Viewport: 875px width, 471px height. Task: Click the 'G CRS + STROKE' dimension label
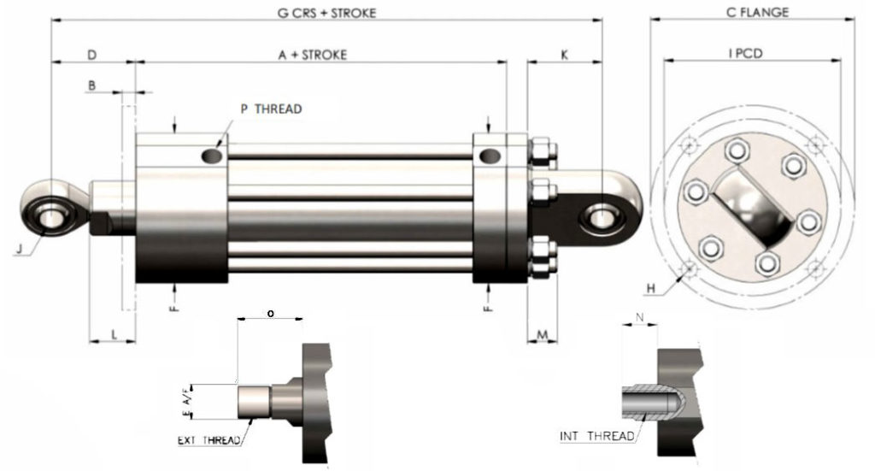coord(326,13)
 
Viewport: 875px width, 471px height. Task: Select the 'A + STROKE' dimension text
coord(313,55)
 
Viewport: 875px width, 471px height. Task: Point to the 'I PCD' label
coord(745,53)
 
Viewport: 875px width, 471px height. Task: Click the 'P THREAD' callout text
coord(271,109)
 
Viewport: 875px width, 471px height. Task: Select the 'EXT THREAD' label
coord(208,441)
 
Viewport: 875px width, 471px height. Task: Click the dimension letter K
coord(564,55)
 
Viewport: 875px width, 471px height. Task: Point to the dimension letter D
coord(92,55)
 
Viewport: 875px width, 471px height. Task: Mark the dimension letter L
coord(115,333)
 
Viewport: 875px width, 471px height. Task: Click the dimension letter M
coord(542,333)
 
